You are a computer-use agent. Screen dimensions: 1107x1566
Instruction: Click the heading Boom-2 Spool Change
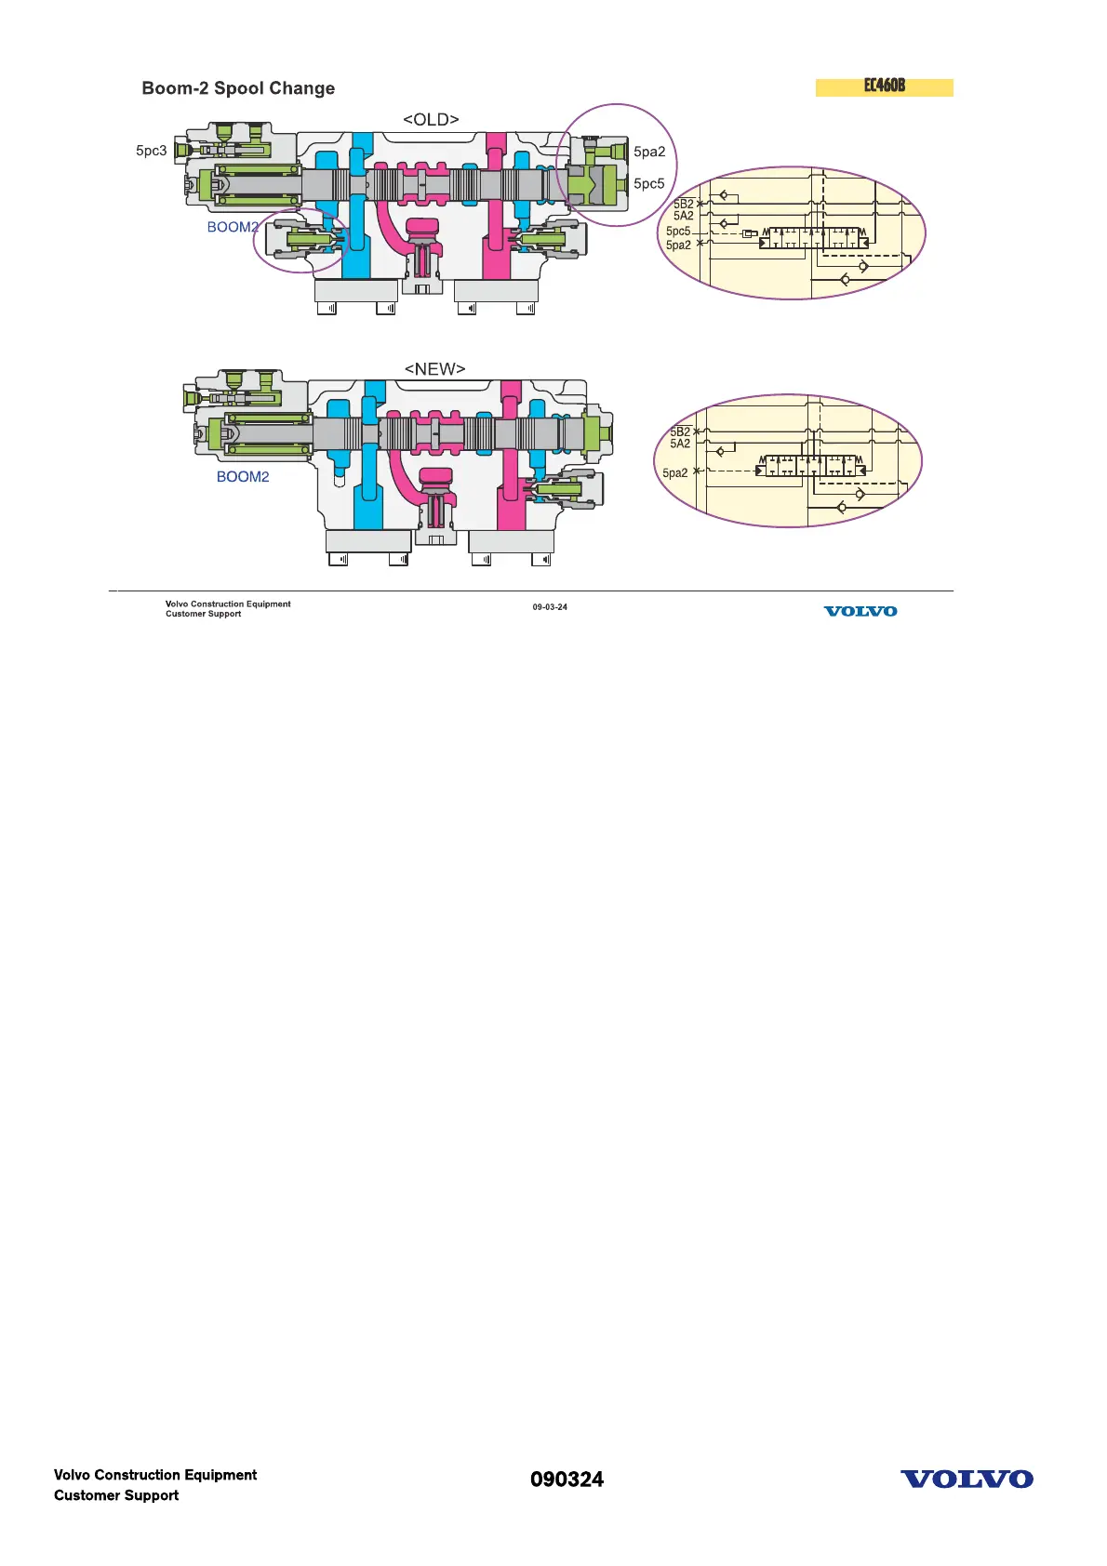coord(238,88)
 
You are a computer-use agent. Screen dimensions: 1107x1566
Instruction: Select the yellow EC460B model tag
coord(884,86)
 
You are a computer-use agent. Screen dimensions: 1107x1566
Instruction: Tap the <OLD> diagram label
coord(431,120)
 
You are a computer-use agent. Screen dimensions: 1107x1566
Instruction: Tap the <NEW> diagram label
coord(434,369)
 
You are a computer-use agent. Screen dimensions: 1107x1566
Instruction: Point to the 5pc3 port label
coord(152,151)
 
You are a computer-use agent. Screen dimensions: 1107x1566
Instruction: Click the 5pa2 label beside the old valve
coord(649,152)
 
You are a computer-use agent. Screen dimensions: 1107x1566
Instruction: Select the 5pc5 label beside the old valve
coord(649,183)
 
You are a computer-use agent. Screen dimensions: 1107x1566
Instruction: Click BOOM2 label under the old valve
coord(233,227)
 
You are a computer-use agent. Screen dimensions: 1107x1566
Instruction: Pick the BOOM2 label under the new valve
coord(243,477)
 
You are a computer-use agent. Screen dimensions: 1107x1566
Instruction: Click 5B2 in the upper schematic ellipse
coord(684,204)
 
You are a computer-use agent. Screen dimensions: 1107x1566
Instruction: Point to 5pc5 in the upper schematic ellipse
coord(678,232)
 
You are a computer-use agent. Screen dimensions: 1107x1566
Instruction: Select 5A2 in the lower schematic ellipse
coord(680,444)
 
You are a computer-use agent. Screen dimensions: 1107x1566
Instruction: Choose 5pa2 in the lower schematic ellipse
coord(675,473)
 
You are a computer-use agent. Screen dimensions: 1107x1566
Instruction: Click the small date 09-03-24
coord(550,607)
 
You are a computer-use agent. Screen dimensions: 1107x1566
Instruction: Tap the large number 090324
coord(567,1480)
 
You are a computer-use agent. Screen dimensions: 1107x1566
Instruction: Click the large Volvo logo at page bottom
coord(967,1480)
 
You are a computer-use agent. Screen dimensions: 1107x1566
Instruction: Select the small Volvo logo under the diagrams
coord(860,611)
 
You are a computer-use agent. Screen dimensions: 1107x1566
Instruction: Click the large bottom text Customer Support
coord(116,1495)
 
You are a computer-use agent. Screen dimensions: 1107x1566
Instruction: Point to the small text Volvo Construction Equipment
coord(228,604)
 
